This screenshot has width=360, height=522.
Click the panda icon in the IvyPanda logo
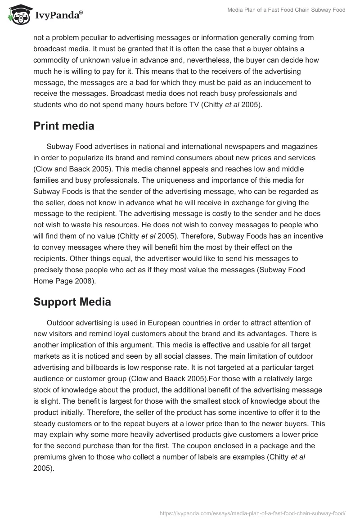18,15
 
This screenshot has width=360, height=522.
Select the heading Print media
64,126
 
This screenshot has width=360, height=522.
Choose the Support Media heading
72,301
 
